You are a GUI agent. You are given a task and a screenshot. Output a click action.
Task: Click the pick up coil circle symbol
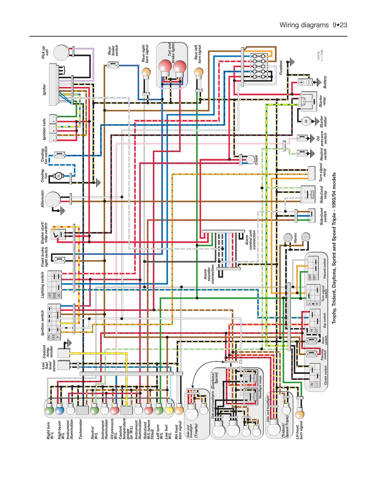point(61,53)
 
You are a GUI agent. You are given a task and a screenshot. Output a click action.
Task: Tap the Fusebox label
point(281,67)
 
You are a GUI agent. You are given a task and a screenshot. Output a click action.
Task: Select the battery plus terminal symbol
point(301,82)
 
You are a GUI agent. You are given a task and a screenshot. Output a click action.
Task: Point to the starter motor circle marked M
point(306,121)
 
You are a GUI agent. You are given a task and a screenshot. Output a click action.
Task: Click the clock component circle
point(250,160)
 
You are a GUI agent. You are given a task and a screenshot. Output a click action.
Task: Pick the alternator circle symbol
point(52,199)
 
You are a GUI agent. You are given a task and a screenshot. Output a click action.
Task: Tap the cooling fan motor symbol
point(59,176)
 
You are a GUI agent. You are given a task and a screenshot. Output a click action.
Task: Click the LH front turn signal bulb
point(300,415)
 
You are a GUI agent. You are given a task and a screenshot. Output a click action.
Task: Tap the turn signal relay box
point(311,173)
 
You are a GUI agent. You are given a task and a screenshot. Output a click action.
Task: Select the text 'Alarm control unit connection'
point(251,240)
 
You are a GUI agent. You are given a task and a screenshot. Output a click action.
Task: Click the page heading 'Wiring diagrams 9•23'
point(313,25)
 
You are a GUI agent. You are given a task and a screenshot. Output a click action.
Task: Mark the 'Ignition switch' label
point(43,323)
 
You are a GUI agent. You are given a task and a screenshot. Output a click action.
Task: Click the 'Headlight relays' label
point(260,387)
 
